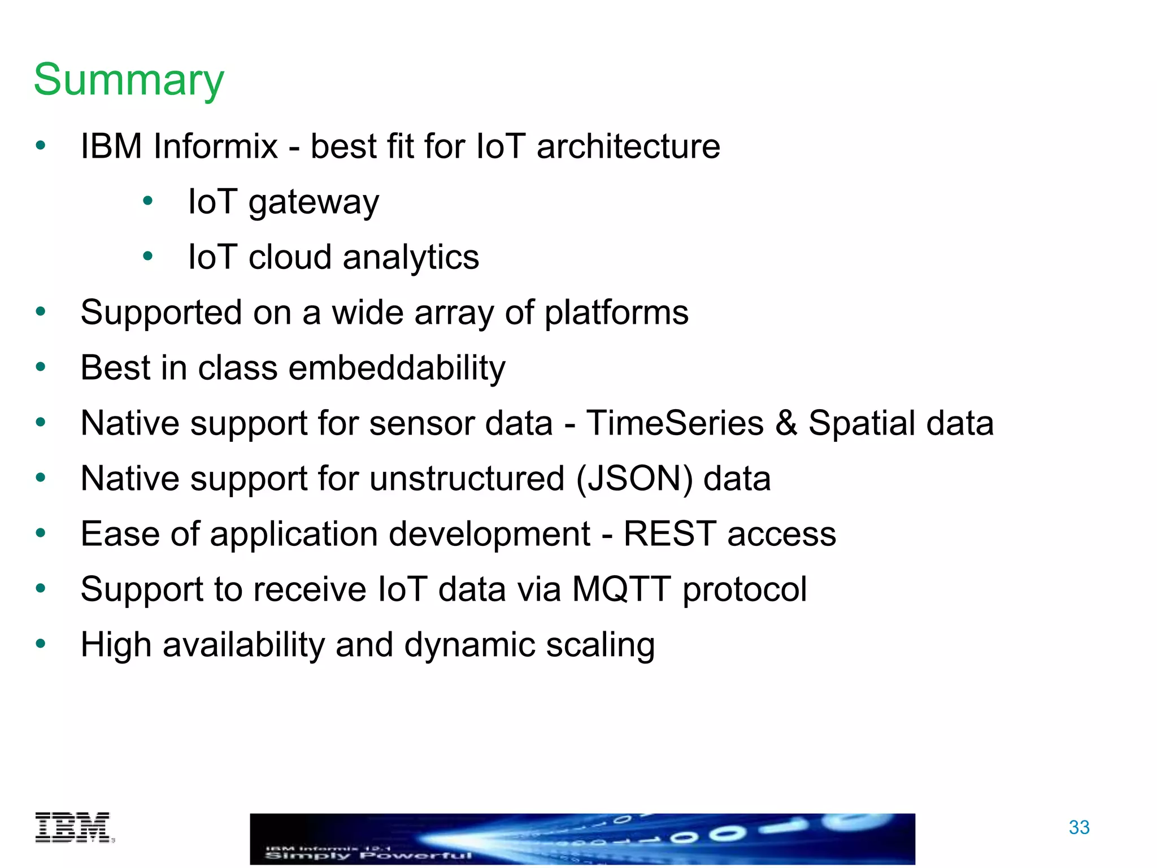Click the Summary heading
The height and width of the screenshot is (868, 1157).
(x=129, y=80)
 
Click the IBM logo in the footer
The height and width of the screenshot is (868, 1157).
(x=73, y=827)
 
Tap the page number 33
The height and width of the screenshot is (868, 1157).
(x=1078, y=827)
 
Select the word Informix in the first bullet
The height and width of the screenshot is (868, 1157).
(x=215, y=146)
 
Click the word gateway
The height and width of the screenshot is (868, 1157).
(x=314, y=202)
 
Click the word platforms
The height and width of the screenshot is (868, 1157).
(x=616, y=313)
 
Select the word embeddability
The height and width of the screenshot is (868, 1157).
(x=397, y=368)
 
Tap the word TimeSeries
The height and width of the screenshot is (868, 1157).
(x=675, y=423)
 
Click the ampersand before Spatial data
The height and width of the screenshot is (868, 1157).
(x=786, y=423)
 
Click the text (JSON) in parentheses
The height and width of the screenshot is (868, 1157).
(x=634, y=479)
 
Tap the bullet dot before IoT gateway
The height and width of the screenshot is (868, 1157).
(x=148, y=201)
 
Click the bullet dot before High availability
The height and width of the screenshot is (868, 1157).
(x=40, y=643)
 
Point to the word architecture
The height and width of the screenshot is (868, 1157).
(x=628, y=146)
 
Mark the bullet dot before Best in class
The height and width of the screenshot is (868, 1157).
(x=40, y=367)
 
